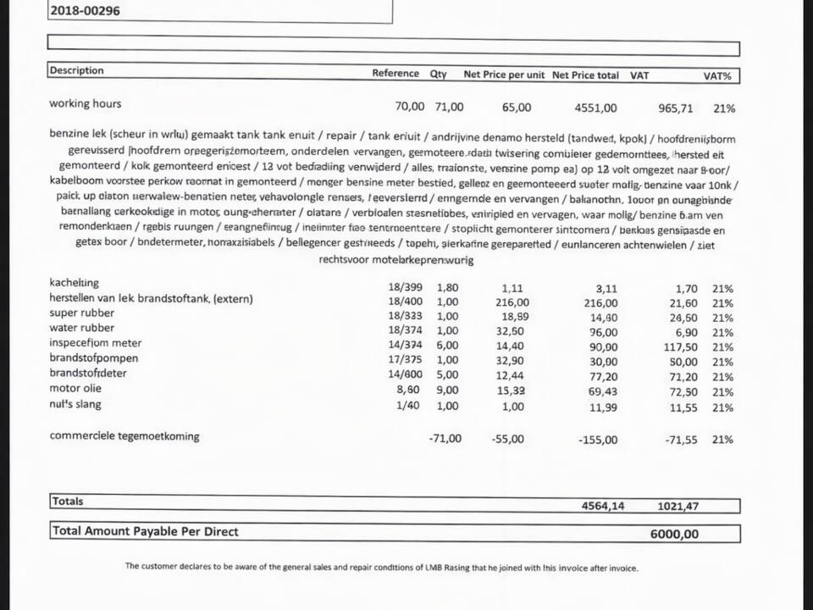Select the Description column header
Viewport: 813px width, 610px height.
tap(76, 70)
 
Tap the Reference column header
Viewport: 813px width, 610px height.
tap(395, 74)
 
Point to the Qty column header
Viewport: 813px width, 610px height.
tap(438, 74)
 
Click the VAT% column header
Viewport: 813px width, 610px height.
tap(716, 75)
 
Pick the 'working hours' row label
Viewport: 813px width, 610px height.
tap(85, 103)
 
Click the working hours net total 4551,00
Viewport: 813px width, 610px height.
tap(595, 108)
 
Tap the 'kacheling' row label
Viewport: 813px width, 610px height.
tap(75, 282)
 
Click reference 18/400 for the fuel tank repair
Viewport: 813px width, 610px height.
tap(405, 302)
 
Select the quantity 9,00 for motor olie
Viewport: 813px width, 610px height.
tap(447, 391)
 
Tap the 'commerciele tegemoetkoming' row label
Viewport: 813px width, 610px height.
tap(124, 436)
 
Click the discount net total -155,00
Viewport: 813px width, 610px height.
tap(598, 440)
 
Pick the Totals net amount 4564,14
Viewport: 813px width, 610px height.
tap(603, 506)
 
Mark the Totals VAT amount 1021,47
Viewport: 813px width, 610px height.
tap(677, 507)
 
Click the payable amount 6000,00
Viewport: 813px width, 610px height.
tap(674, 534)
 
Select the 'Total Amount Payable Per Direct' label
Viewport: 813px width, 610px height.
tap(146, 531)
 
